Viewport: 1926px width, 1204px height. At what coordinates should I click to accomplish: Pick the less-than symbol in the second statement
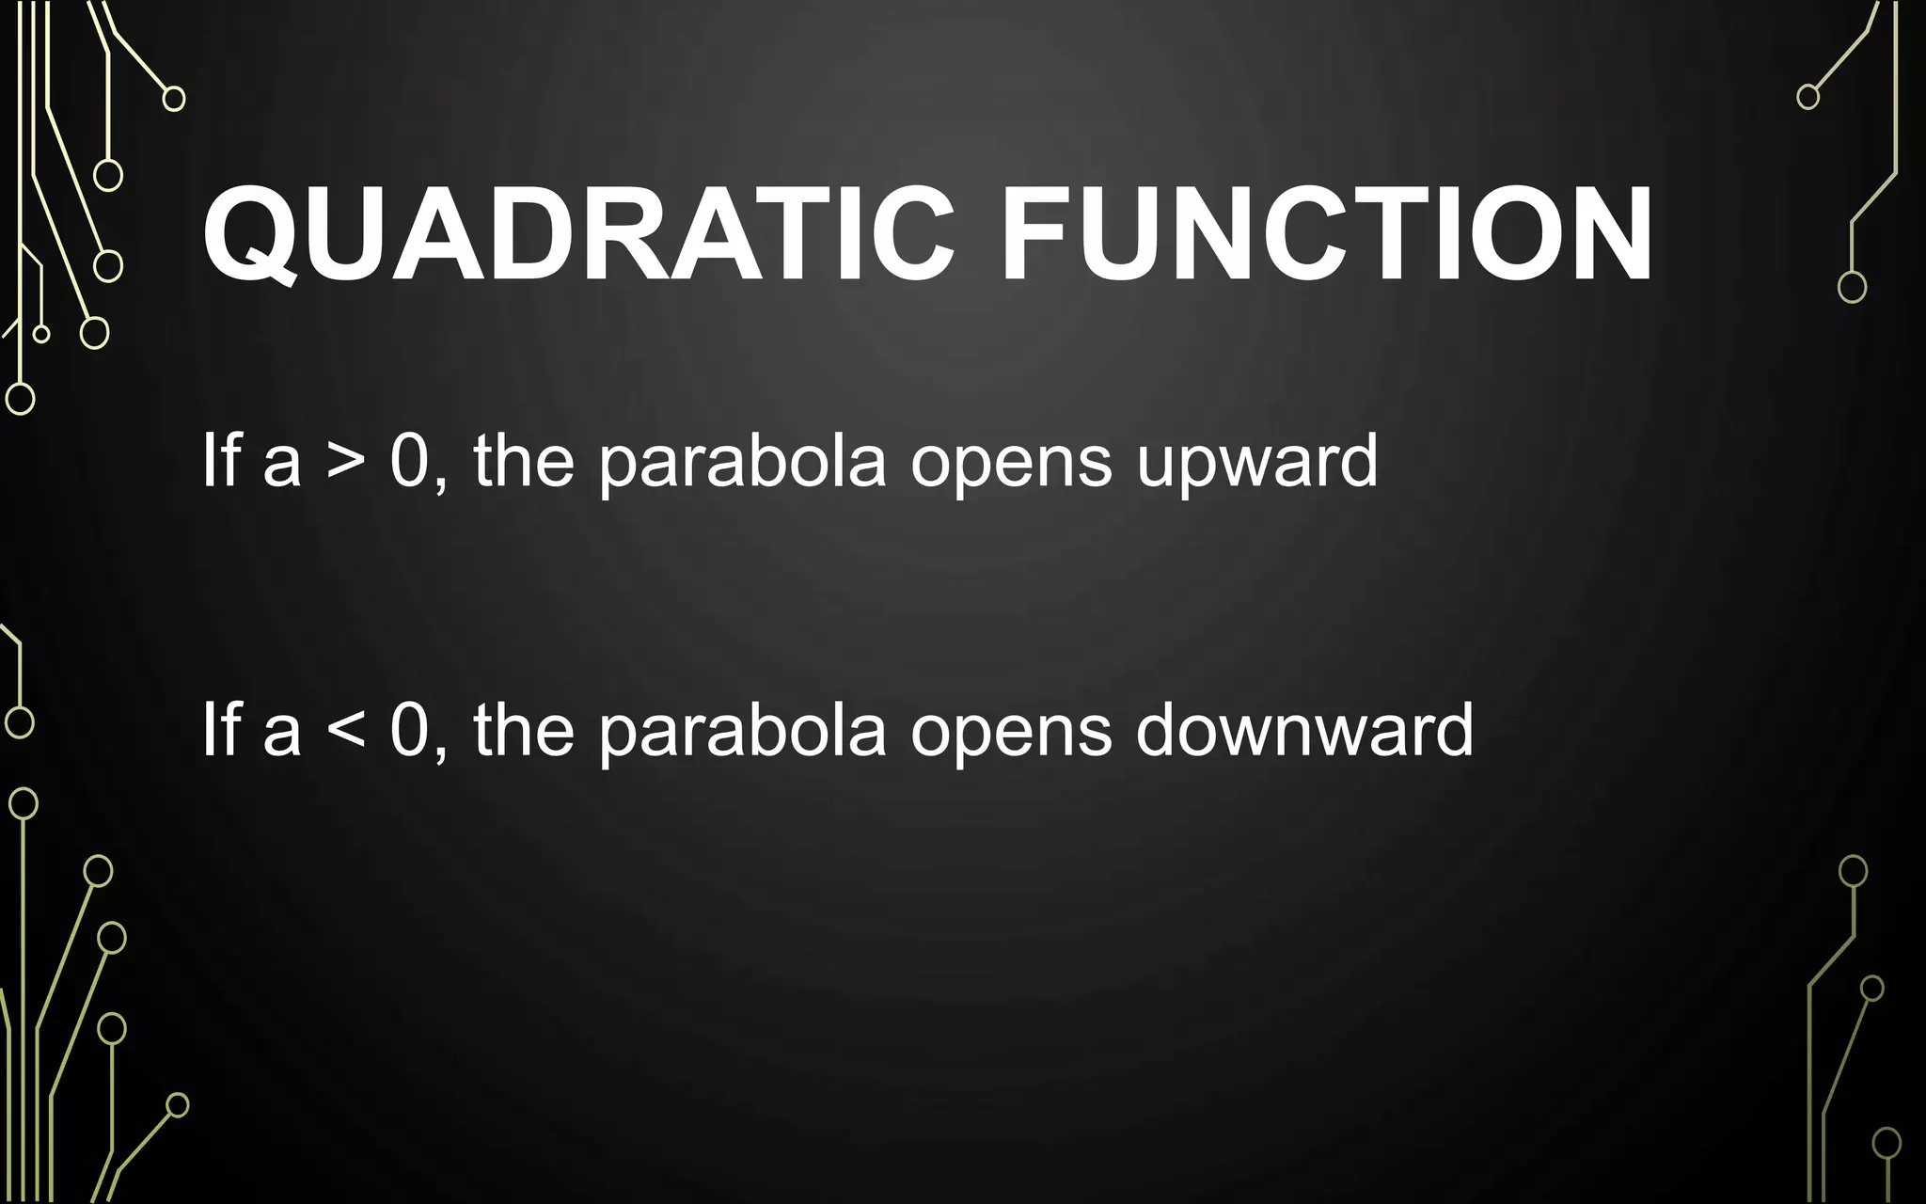[x=345, y=732]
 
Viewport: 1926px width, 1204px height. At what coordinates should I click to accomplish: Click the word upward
[x=1256, y=463]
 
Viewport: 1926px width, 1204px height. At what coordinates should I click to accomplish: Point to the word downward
[x=1304, y=732]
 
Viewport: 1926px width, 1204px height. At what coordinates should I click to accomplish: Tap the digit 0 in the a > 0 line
[x=409, y=462]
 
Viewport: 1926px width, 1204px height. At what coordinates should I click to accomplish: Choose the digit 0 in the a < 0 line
[x=409, y=731]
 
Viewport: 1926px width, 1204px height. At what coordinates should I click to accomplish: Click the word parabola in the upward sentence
[x=742, y=463]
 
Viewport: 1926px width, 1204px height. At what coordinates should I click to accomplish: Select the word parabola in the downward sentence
[x=742, y=732]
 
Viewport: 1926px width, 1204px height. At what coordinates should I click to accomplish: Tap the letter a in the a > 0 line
[x=282, y=465]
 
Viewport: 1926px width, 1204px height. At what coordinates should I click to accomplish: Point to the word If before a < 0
[x=222, y=730]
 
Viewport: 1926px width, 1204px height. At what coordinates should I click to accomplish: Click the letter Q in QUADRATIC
[x=251, y=235]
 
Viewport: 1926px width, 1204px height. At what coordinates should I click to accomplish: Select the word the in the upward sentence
[x=524, y=461]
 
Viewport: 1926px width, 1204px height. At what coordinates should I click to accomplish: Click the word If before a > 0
[x=222, y=461]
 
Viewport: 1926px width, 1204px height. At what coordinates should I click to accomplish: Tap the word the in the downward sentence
[x=524, y=730]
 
